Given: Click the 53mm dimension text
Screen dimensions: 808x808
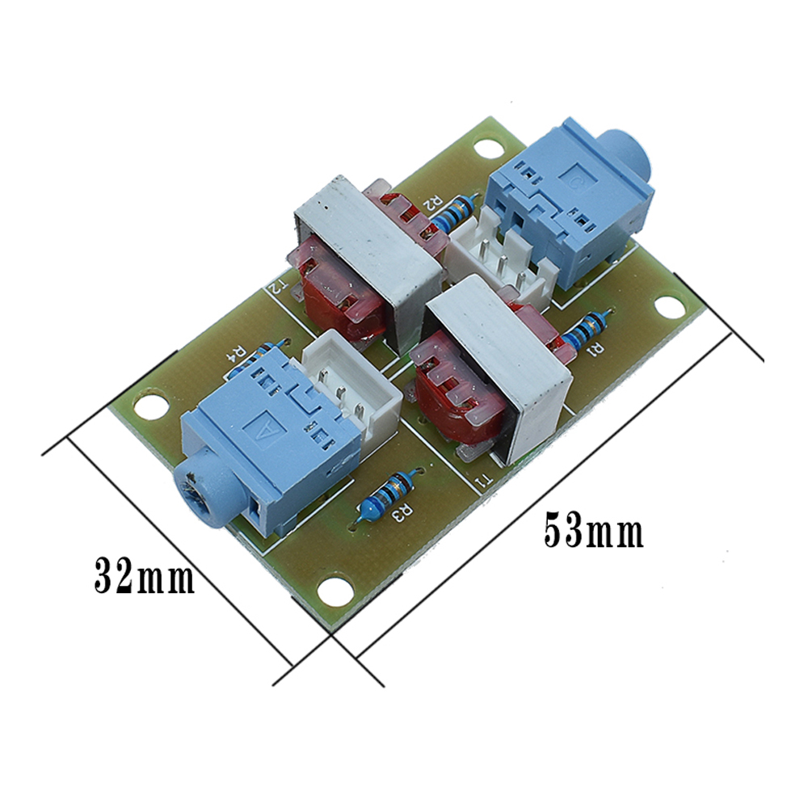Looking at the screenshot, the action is point(594,530).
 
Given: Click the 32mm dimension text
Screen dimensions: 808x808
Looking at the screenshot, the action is point(145,574).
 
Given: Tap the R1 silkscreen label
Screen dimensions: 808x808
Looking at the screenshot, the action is point(595,350).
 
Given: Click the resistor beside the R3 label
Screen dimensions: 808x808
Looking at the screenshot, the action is point(385,497).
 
